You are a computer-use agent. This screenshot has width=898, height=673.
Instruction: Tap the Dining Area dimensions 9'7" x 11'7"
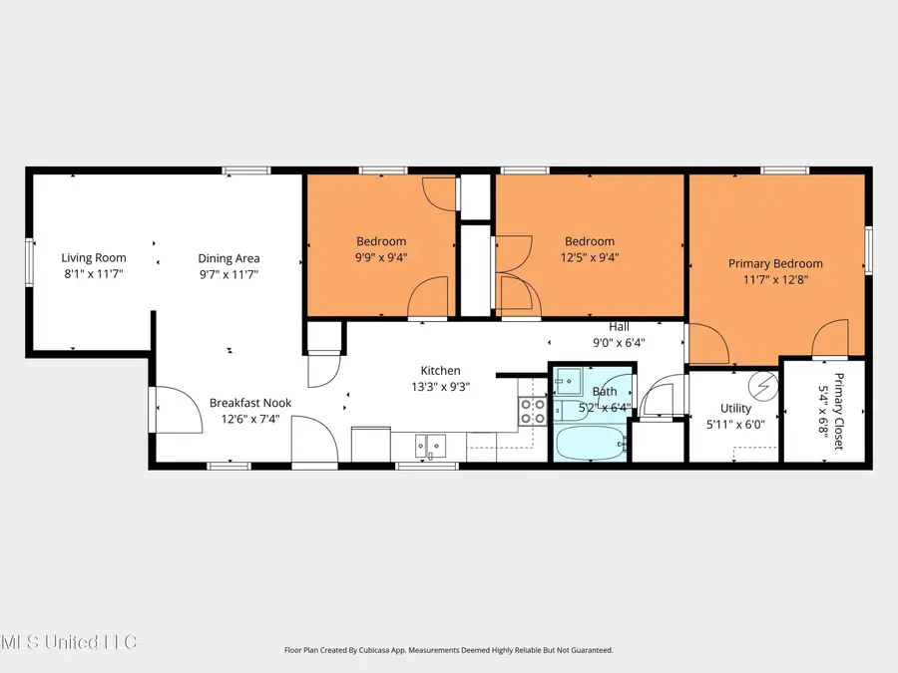(228, 273)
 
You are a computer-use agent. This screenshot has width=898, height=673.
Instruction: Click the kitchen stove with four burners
(532, 412)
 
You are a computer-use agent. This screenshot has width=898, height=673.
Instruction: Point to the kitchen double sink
(431, 446)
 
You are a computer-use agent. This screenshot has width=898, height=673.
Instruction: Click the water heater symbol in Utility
(763, 384)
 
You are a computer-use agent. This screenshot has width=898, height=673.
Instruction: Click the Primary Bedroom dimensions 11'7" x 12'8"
(775, 280)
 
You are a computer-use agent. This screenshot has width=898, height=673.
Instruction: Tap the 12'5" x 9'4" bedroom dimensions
(589, 257)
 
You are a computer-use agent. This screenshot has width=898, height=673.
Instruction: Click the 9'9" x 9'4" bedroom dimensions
(381, 257)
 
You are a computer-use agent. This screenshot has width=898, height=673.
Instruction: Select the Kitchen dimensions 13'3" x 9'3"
(440, 386)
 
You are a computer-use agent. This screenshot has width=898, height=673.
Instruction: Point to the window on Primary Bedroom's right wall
(868, 249)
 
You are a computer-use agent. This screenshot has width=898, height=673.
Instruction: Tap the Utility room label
(736, 409)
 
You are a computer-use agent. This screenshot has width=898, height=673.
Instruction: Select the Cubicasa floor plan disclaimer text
(448, 650)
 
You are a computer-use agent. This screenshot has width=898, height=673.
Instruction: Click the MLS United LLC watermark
(70, 640)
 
